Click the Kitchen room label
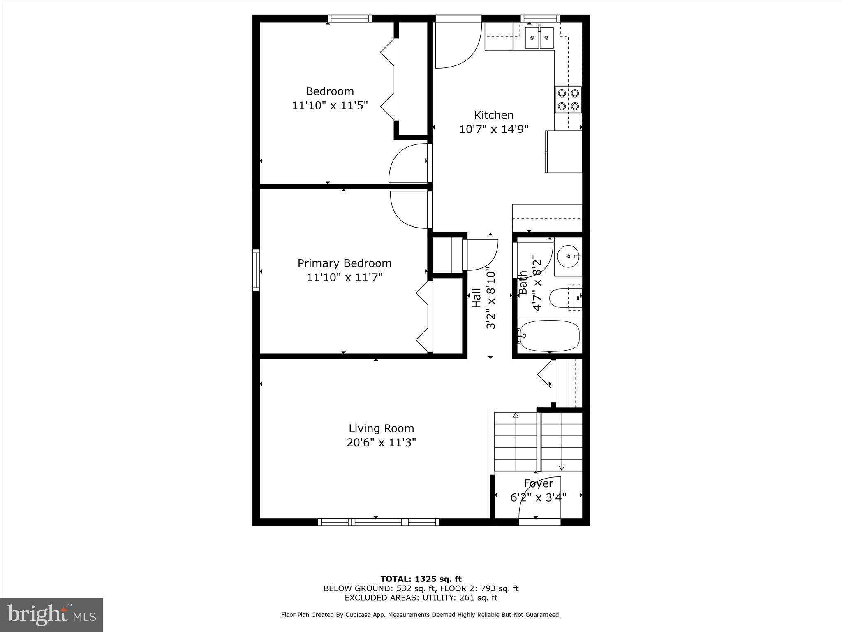pyautogui.click(x=493, y=115)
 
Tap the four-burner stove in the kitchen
pyautogui.click(x=568, y=100)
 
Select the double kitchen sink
pyautogui.click(x=539, y=37)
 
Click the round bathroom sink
pyautogui.click(x=569, y=256)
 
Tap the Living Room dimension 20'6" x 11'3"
pyautogui.click(x=381, y=443)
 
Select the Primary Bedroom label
pyautogui.click(x=344, y=263)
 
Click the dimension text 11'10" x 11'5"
pyautogui.click(x=330, y=106)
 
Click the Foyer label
pyautogui.click(x=538, y=483)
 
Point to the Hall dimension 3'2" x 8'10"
pyautogui.click(x=491, y=298)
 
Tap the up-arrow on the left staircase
pyautogui.click(x=516, y=416)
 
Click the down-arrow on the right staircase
pyautogui.click(x=562, y=467)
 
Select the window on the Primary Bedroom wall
pyautogui.click(x=256, y=270)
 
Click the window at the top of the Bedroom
pyautogui.click(x=349, y=19)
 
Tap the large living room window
pyautogui.click(x=378, y=522)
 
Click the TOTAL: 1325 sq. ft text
pyautogui.click(x=421, y=579)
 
